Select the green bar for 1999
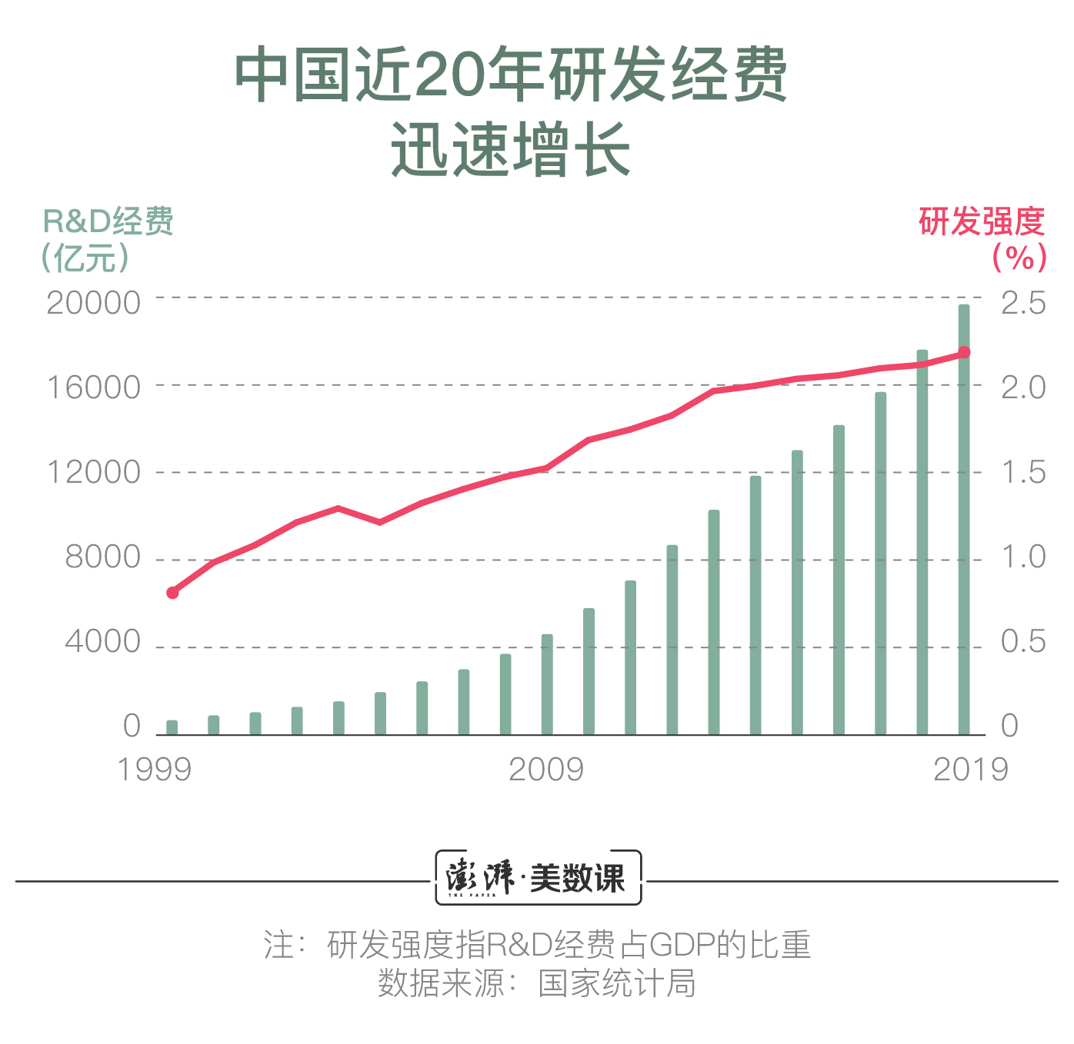point(172,727)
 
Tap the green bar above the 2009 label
point(547,684)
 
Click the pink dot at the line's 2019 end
point(964,353)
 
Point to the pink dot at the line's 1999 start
point(172,593)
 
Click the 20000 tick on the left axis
point(94,302)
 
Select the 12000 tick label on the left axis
point(94,472)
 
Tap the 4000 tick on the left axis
point(103,641)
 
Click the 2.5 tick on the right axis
point(1023,302)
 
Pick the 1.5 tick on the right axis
point(1023,472)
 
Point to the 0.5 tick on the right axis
point(1023,641)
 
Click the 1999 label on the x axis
point(154,769)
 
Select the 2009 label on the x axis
point(546,769)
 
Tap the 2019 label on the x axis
point(970,769)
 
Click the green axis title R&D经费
point(108,221)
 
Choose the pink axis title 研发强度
point(982,221)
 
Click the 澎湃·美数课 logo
point(538,877)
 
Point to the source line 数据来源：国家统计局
point(537,983)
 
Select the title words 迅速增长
point(511,149)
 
